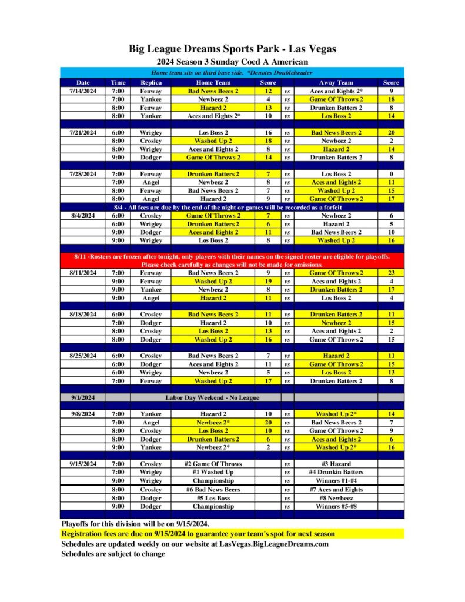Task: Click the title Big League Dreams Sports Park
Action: pyautogui.click(x=232, y=49)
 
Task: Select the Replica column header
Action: pyautogui.click(x=151, y=83)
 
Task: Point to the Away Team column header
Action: pyautogui.click(x=336, y=83)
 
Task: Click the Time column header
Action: pyautogui.click(x=118, y=83)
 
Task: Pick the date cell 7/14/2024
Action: pyautogui.click(x=83, y=91)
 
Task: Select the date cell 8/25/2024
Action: pyautogui.click(x=83, y=356)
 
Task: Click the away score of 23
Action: pyautogui.click(x=391, y=273)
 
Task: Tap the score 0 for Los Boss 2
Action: pyautogui.click(x=391, y=174)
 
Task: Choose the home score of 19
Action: pyautogui.click(x=268, y=281)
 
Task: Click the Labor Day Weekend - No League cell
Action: pyautogui.click(x=213, y=397)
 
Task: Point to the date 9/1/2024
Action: pyautogui.click(x=83, y=397)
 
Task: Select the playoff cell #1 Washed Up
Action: pyautogui.click(x=213, y=472)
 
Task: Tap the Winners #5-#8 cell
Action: pyautogui.click(x=336, y=506)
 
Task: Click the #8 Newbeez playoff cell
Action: pyautogui.click(x=336, y=497)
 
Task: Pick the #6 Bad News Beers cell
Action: pyautogui.click(x=213, y=489)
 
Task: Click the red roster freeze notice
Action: pyautogui.click(x=232, y=260)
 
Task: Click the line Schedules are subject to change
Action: pyautogui.click(x=113, y=554)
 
